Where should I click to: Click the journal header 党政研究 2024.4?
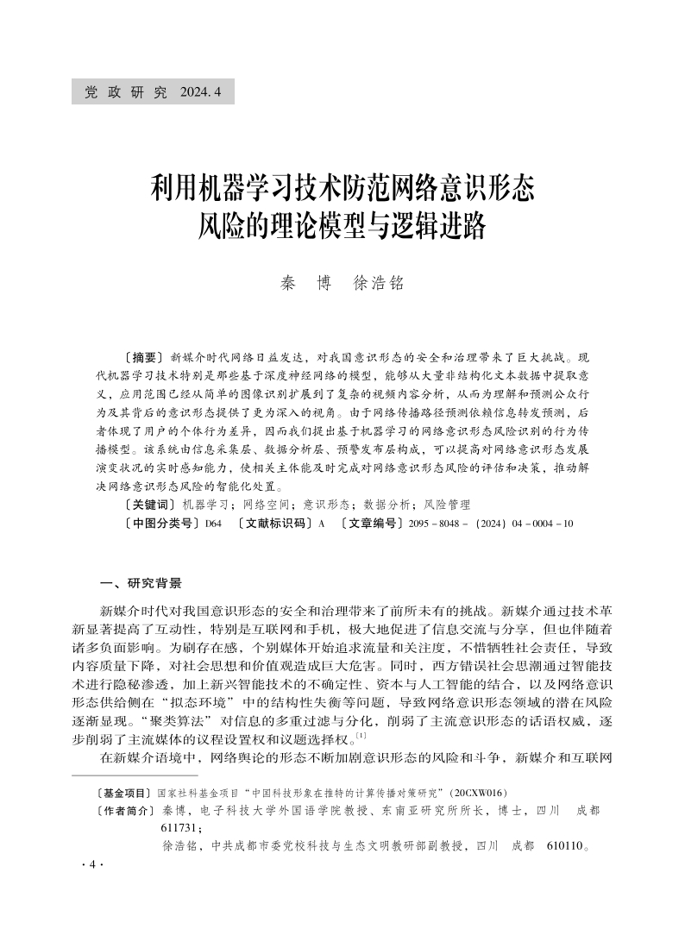153,91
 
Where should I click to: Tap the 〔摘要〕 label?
144,356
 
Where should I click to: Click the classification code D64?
213,524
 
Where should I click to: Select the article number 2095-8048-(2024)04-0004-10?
491,524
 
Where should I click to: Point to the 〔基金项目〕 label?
124,793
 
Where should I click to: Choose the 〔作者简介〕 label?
124,812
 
